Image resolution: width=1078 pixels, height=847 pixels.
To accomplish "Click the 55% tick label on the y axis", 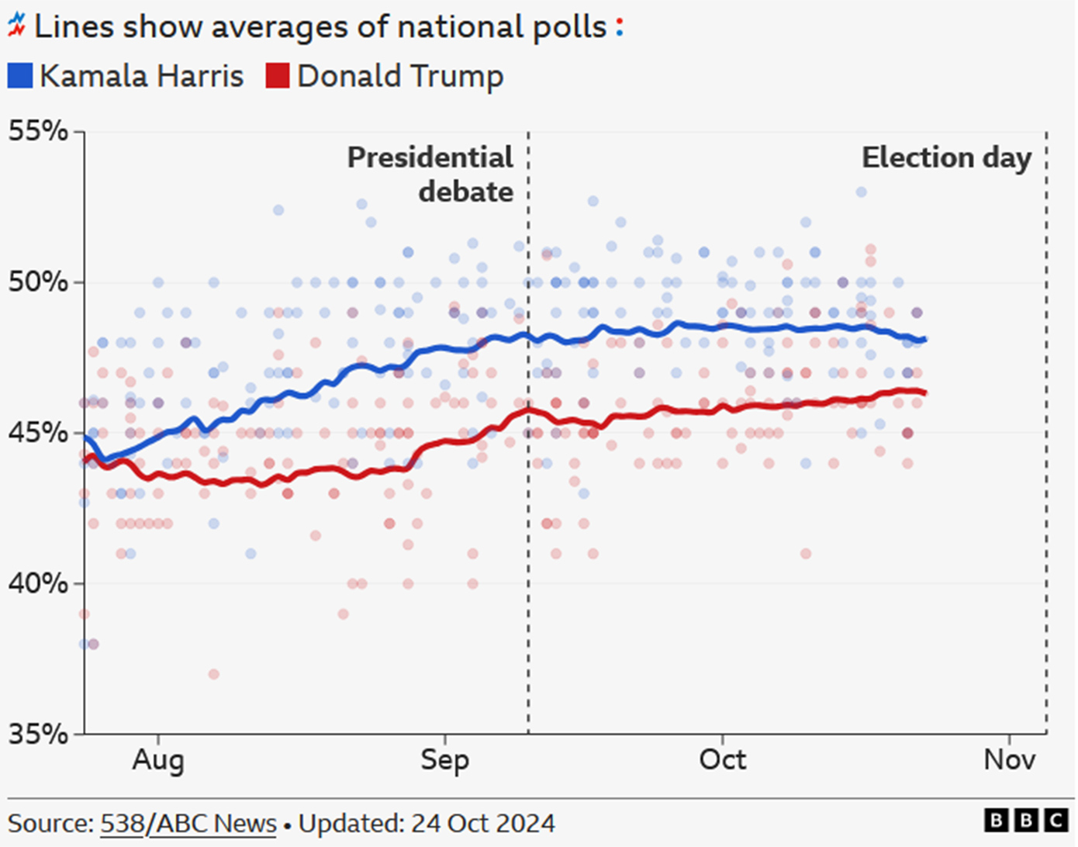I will (38, 131).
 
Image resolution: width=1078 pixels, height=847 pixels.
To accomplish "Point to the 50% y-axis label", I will (38, 282).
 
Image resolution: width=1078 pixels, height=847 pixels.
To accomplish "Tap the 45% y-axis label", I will (38, 432).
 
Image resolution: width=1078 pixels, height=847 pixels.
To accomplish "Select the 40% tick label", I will (38, 583).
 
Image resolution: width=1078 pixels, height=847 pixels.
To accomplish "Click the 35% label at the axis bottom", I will (38, 733).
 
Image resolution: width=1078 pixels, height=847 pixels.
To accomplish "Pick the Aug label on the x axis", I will (158, 759).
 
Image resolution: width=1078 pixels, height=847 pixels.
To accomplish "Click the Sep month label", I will (444, 759).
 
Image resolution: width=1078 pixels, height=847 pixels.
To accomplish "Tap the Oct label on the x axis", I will (722, 759).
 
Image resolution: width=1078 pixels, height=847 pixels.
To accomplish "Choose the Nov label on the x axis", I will (1009, 759).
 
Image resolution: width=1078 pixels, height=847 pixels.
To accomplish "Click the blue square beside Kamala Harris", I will (20, 76).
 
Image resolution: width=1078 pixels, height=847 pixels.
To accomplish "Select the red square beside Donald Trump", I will (277, 76).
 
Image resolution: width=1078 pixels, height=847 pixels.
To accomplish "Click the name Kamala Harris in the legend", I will (141, 76).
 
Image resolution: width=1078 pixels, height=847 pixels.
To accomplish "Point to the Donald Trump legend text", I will (400, 76).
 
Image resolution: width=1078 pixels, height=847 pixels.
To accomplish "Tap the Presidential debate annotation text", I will (431, 175).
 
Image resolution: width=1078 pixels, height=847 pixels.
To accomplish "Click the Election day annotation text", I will (946, 157).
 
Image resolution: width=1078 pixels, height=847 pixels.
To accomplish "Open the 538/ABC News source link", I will (188, 823).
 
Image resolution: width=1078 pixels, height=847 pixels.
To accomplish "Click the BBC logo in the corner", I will (1026, 820).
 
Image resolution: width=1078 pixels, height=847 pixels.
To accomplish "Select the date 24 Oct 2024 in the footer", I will (482, 823).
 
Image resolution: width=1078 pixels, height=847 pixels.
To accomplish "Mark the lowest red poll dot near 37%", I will (213, 674).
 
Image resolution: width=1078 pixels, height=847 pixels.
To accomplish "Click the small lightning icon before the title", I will (16, 27).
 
